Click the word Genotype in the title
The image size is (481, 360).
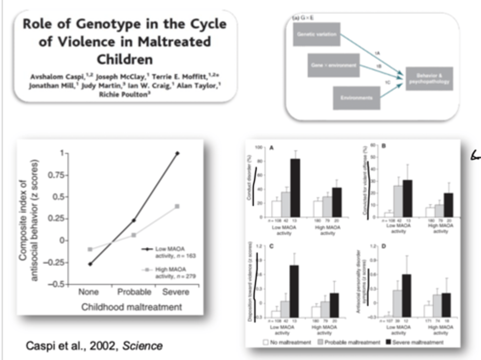pos(108,24)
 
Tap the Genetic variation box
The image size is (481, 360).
pos(316,34)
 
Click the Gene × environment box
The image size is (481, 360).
pos(333,65)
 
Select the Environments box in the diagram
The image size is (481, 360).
pos(356,98)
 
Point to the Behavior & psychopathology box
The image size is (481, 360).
pos(429,79)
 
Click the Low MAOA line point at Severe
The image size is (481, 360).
pos(177,153)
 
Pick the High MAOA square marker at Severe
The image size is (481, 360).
pos(177,206)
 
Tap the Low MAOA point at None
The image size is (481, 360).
pos(90,264)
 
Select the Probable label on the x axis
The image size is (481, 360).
pos(134,292)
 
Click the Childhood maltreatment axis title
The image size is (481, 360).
pos(132,307)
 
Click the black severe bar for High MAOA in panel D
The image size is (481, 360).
pos(446,305)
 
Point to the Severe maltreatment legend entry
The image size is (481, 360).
pos(417,342)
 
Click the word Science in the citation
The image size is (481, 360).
pos(142,346)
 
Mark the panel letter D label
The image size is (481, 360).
pos(383,246)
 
